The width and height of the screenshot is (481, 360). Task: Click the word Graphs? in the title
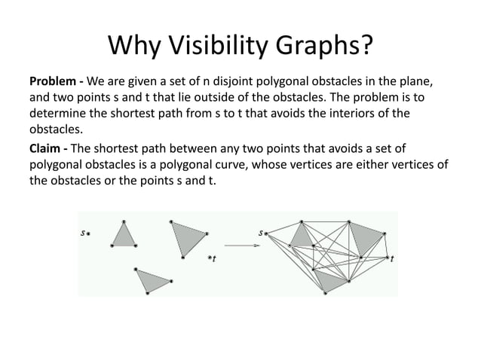click(x=326, y=47)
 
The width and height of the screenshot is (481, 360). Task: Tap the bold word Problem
click(x=52, y=81)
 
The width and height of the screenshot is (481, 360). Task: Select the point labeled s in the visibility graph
click(x=267, y=233)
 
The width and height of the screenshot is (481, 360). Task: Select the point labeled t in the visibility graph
click(x=388, y=258)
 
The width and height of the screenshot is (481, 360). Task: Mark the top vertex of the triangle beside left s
click(x=123, y=221)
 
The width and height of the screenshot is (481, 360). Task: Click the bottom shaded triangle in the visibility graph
click(x=329, y=280)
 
